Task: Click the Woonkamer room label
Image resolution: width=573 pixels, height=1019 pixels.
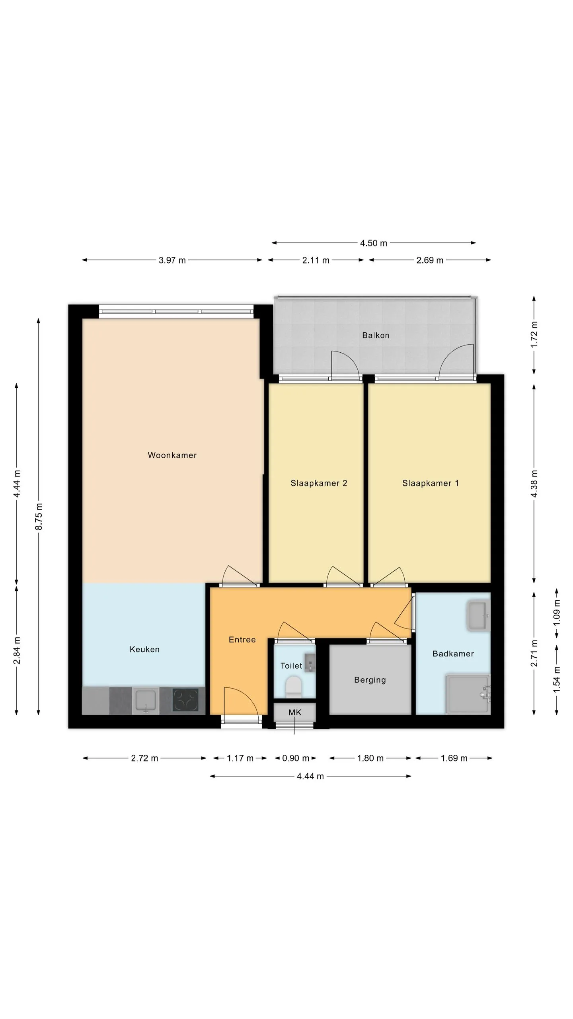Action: coord(172,455)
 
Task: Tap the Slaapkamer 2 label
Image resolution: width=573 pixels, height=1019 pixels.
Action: coord(319,483)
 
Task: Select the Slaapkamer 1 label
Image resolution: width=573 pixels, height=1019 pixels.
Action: coord(431,483)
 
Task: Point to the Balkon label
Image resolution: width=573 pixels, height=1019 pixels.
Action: coord(376,335)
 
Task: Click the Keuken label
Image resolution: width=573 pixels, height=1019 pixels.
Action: coord(144,649)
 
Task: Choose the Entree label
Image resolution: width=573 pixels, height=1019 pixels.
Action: coord(242,640)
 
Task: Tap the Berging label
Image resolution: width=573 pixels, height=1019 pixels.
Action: coord(370,680)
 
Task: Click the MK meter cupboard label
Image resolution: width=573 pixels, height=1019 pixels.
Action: coord(295,713)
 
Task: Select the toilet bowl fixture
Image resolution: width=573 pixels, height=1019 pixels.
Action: coord(294,686)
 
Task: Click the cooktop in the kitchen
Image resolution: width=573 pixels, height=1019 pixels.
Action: coord(185,700)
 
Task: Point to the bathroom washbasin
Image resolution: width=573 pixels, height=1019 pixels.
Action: coord(478,617)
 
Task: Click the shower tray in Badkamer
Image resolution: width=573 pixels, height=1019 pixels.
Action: coord(468,694)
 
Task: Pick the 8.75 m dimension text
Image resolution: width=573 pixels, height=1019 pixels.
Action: coord(39,517)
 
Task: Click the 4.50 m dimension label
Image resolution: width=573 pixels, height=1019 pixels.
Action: coord(374,243)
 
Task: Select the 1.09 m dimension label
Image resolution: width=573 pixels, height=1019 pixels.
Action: coord(556,612)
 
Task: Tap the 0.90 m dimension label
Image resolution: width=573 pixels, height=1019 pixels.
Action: coord(296,758)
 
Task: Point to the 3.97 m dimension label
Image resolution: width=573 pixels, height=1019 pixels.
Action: coord(172,260)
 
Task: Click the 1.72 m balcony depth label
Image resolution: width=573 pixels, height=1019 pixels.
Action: coord(534,335)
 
